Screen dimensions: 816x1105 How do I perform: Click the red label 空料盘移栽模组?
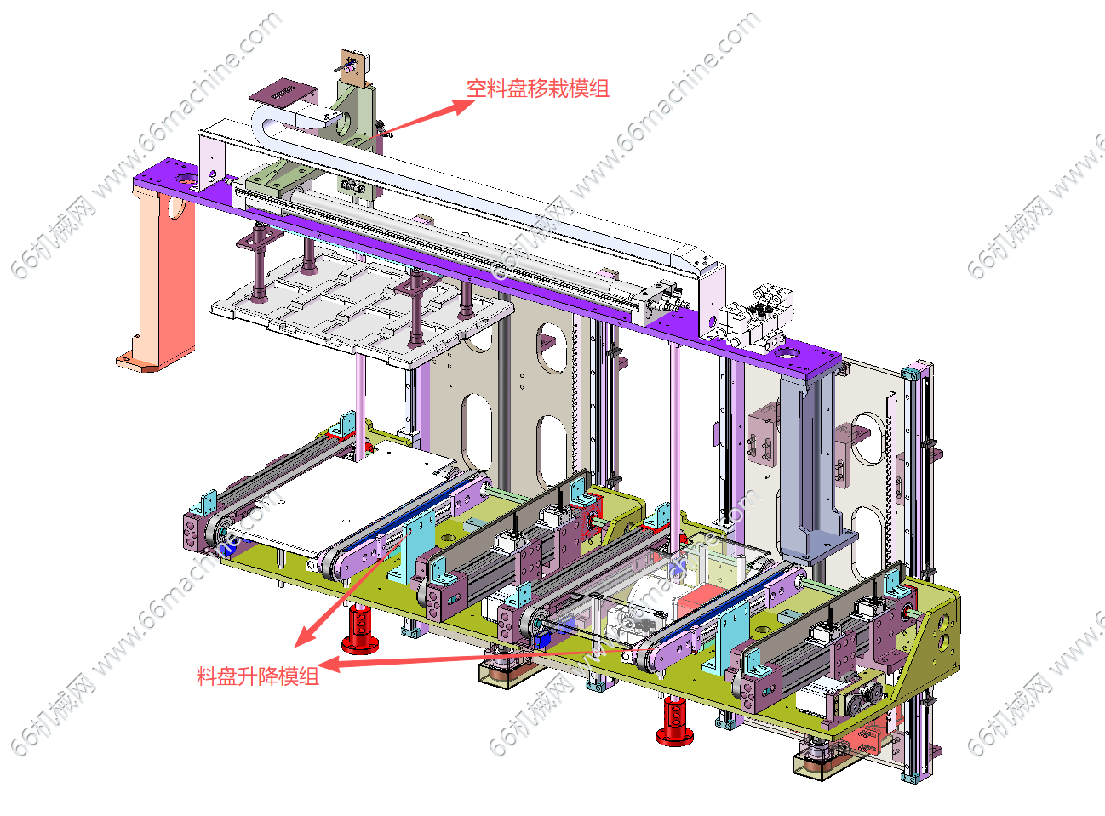(x=537, y=88)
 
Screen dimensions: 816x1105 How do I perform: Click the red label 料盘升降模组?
(x=258, y=676)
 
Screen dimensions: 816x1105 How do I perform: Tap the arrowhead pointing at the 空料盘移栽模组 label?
(x=465, y=106)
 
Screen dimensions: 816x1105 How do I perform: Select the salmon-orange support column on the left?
(x=162, y=272)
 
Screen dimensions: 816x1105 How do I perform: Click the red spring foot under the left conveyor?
(x=360, y=630)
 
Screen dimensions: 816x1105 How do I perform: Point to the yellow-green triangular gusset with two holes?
(x=936, y=630)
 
